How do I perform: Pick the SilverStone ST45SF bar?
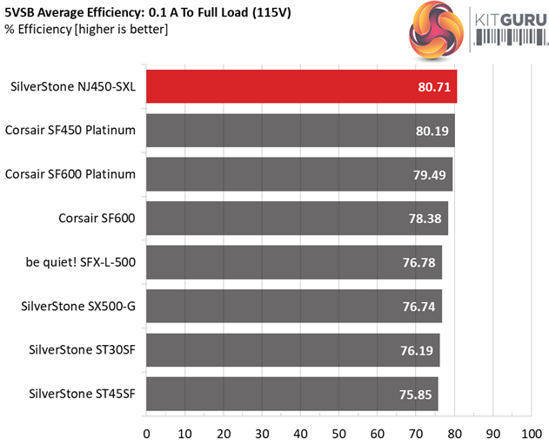(292, 393)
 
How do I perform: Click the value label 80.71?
(432, 87)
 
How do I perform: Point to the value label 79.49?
(430, 174)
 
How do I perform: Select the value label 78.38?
(425, 219)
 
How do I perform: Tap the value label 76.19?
(418, 349)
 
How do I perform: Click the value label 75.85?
(417, 393)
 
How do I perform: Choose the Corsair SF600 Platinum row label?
(70, 174)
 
